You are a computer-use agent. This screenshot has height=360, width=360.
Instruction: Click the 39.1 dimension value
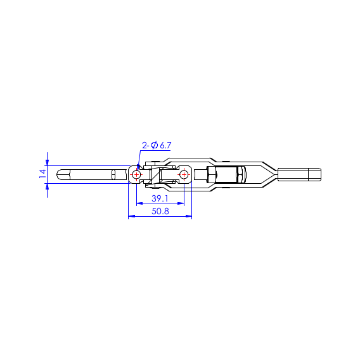click(160, 198)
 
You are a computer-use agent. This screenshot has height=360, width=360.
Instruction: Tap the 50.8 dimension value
click(160, 211)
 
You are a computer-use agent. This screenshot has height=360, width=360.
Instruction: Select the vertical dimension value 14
click(42, 174)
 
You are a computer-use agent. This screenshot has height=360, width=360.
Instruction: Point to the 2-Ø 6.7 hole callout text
click(157, 145)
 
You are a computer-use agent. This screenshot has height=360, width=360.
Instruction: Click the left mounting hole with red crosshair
click(137, 175)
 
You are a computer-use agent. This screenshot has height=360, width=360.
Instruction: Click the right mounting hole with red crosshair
click(184, 175)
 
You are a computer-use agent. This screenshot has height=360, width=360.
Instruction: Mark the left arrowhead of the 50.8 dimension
click(131, 216)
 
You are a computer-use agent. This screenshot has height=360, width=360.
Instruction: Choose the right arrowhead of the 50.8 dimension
click(188, 216)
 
